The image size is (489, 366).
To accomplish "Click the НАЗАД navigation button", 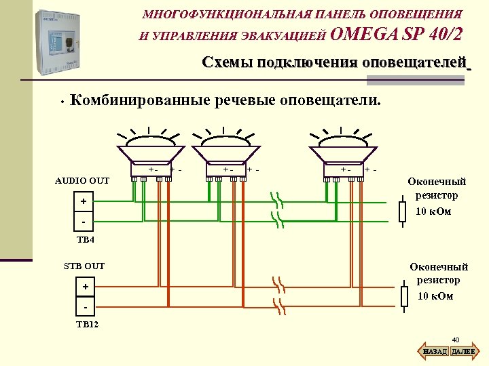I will (435, 352).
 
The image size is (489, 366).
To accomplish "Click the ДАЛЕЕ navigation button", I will (464, 352).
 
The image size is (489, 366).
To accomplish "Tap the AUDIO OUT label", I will (82, 181).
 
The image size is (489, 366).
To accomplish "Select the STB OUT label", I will (84, 266).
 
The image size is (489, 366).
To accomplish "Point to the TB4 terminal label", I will (86, 240).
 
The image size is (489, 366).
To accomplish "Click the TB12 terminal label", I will (87, 325).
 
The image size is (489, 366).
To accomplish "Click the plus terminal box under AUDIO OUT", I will (83, 202).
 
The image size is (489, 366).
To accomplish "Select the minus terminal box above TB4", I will (83, 222).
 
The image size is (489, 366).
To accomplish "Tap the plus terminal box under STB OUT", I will (86, 287).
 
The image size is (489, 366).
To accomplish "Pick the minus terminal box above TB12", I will (86, 306).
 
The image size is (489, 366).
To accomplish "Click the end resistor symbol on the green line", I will (402, 211).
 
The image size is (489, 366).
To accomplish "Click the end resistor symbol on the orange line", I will (404, 296).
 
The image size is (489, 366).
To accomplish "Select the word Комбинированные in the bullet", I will (141, 101).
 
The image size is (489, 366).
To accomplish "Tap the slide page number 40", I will (456, 340).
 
